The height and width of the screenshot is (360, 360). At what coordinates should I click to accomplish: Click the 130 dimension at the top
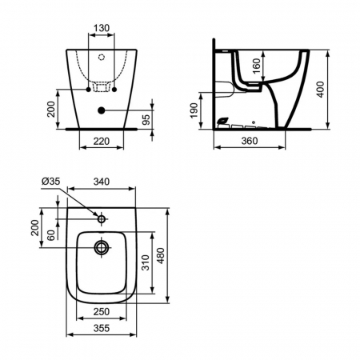coord(102,28)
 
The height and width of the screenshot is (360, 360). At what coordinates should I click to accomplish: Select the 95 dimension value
coord(146,120)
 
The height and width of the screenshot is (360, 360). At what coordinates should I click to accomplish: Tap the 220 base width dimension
coord(102,141)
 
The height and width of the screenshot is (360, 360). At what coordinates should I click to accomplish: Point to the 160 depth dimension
coord(256,66)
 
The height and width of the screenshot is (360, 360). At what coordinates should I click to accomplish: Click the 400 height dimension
coord(320,90)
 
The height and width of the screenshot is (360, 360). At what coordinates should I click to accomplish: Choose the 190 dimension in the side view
coord(194,110)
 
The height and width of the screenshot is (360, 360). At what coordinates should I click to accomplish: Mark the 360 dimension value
coord(250,141)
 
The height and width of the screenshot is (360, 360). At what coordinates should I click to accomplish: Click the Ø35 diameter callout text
coord(51,182)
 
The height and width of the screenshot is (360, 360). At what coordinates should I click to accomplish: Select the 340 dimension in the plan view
coord(102,182)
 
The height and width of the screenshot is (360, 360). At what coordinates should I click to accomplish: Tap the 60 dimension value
coord(51,235)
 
